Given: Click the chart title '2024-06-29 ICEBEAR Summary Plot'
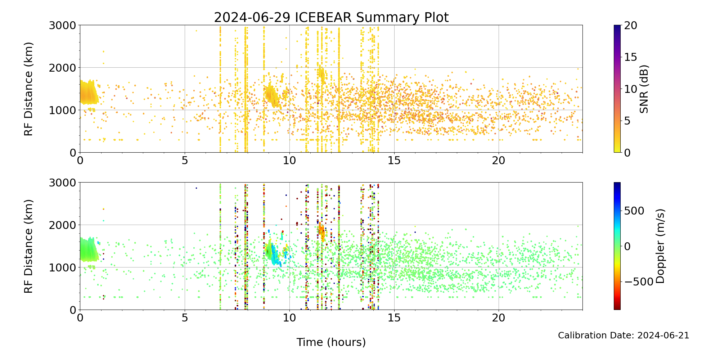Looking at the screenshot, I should click(331, 17).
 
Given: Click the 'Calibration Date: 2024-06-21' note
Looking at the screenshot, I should click(623, 336).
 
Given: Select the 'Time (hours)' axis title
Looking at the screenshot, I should click(331, 342).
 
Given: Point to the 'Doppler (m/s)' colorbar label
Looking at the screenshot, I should click(660, 246).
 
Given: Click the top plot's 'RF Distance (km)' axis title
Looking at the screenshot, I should click(28, 89).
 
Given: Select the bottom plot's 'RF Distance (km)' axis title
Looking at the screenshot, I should click(28, 246).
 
